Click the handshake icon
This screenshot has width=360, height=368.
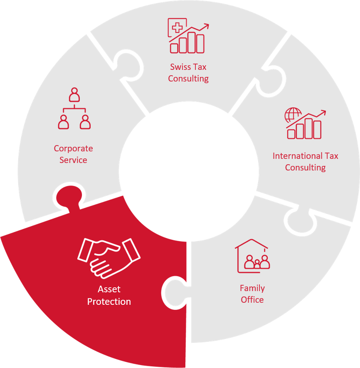(x=108, y=258)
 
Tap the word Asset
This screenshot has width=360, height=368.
(x=109, y=289)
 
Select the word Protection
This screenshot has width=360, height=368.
(x=109, y=301)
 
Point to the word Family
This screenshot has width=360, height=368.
(x=252, y=289)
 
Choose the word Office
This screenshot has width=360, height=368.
(x=252, y=300)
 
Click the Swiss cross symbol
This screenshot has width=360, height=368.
(x=177, y=27)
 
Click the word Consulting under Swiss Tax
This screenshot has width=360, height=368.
(x=188, y=79)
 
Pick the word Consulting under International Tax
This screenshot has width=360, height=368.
(x=305, y=168)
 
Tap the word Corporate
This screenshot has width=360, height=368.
(x=73, y=148)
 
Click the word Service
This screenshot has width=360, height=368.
(x=73, y=160)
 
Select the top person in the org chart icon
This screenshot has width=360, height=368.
(x=74, y=94)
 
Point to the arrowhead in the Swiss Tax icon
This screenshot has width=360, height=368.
(x=206, y=26)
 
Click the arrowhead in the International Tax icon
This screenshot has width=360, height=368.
(x=323, y=112)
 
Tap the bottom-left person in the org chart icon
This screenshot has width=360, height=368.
(x=63, y=122)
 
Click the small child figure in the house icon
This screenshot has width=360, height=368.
(x=257, y=264)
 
